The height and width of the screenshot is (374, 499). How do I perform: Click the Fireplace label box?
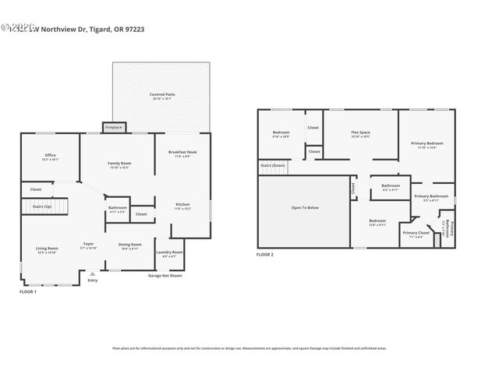pyautogui.click(x=113, y=126)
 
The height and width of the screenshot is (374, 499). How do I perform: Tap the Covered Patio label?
pyautogui.click(x=162, y=95)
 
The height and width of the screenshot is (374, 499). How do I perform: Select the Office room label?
pyautogui.click(x=50, y=155)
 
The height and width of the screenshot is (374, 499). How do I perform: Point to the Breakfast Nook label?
pyautogui.click(x=182, y=152)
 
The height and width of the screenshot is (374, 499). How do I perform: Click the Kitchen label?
pyautogui.click(x=182, y=205)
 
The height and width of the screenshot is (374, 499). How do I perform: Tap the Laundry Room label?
pyautogui.click(x=169, y=252)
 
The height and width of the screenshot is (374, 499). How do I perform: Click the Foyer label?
pyautogui.click(x=89, y=244)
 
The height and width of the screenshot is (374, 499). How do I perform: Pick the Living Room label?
pyautogui.click(x=47, y=249)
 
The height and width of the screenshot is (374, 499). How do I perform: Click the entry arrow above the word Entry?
pyautogui.click(x=93, y=273)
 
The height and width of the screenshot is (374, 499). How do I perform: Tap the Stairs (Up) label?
pyautogui.click(x=42, y=206)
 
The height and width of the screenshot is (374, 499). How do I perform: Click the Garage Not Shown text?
pyautogui.click(x=165, y=275)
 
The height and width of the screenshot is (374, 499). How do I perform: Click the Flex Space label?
pyautogui.click(x=359, y=132)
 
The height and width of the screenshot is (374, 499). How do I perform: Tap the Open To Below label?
pyautogui.click(x=304, y=207)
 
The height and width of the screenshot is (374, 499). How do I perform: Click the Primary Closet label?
pyautogui.click(x=416, y=232)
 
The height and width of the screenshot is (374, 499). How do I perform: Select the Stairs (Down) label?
pyautogui.click(x=273, y=165)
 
